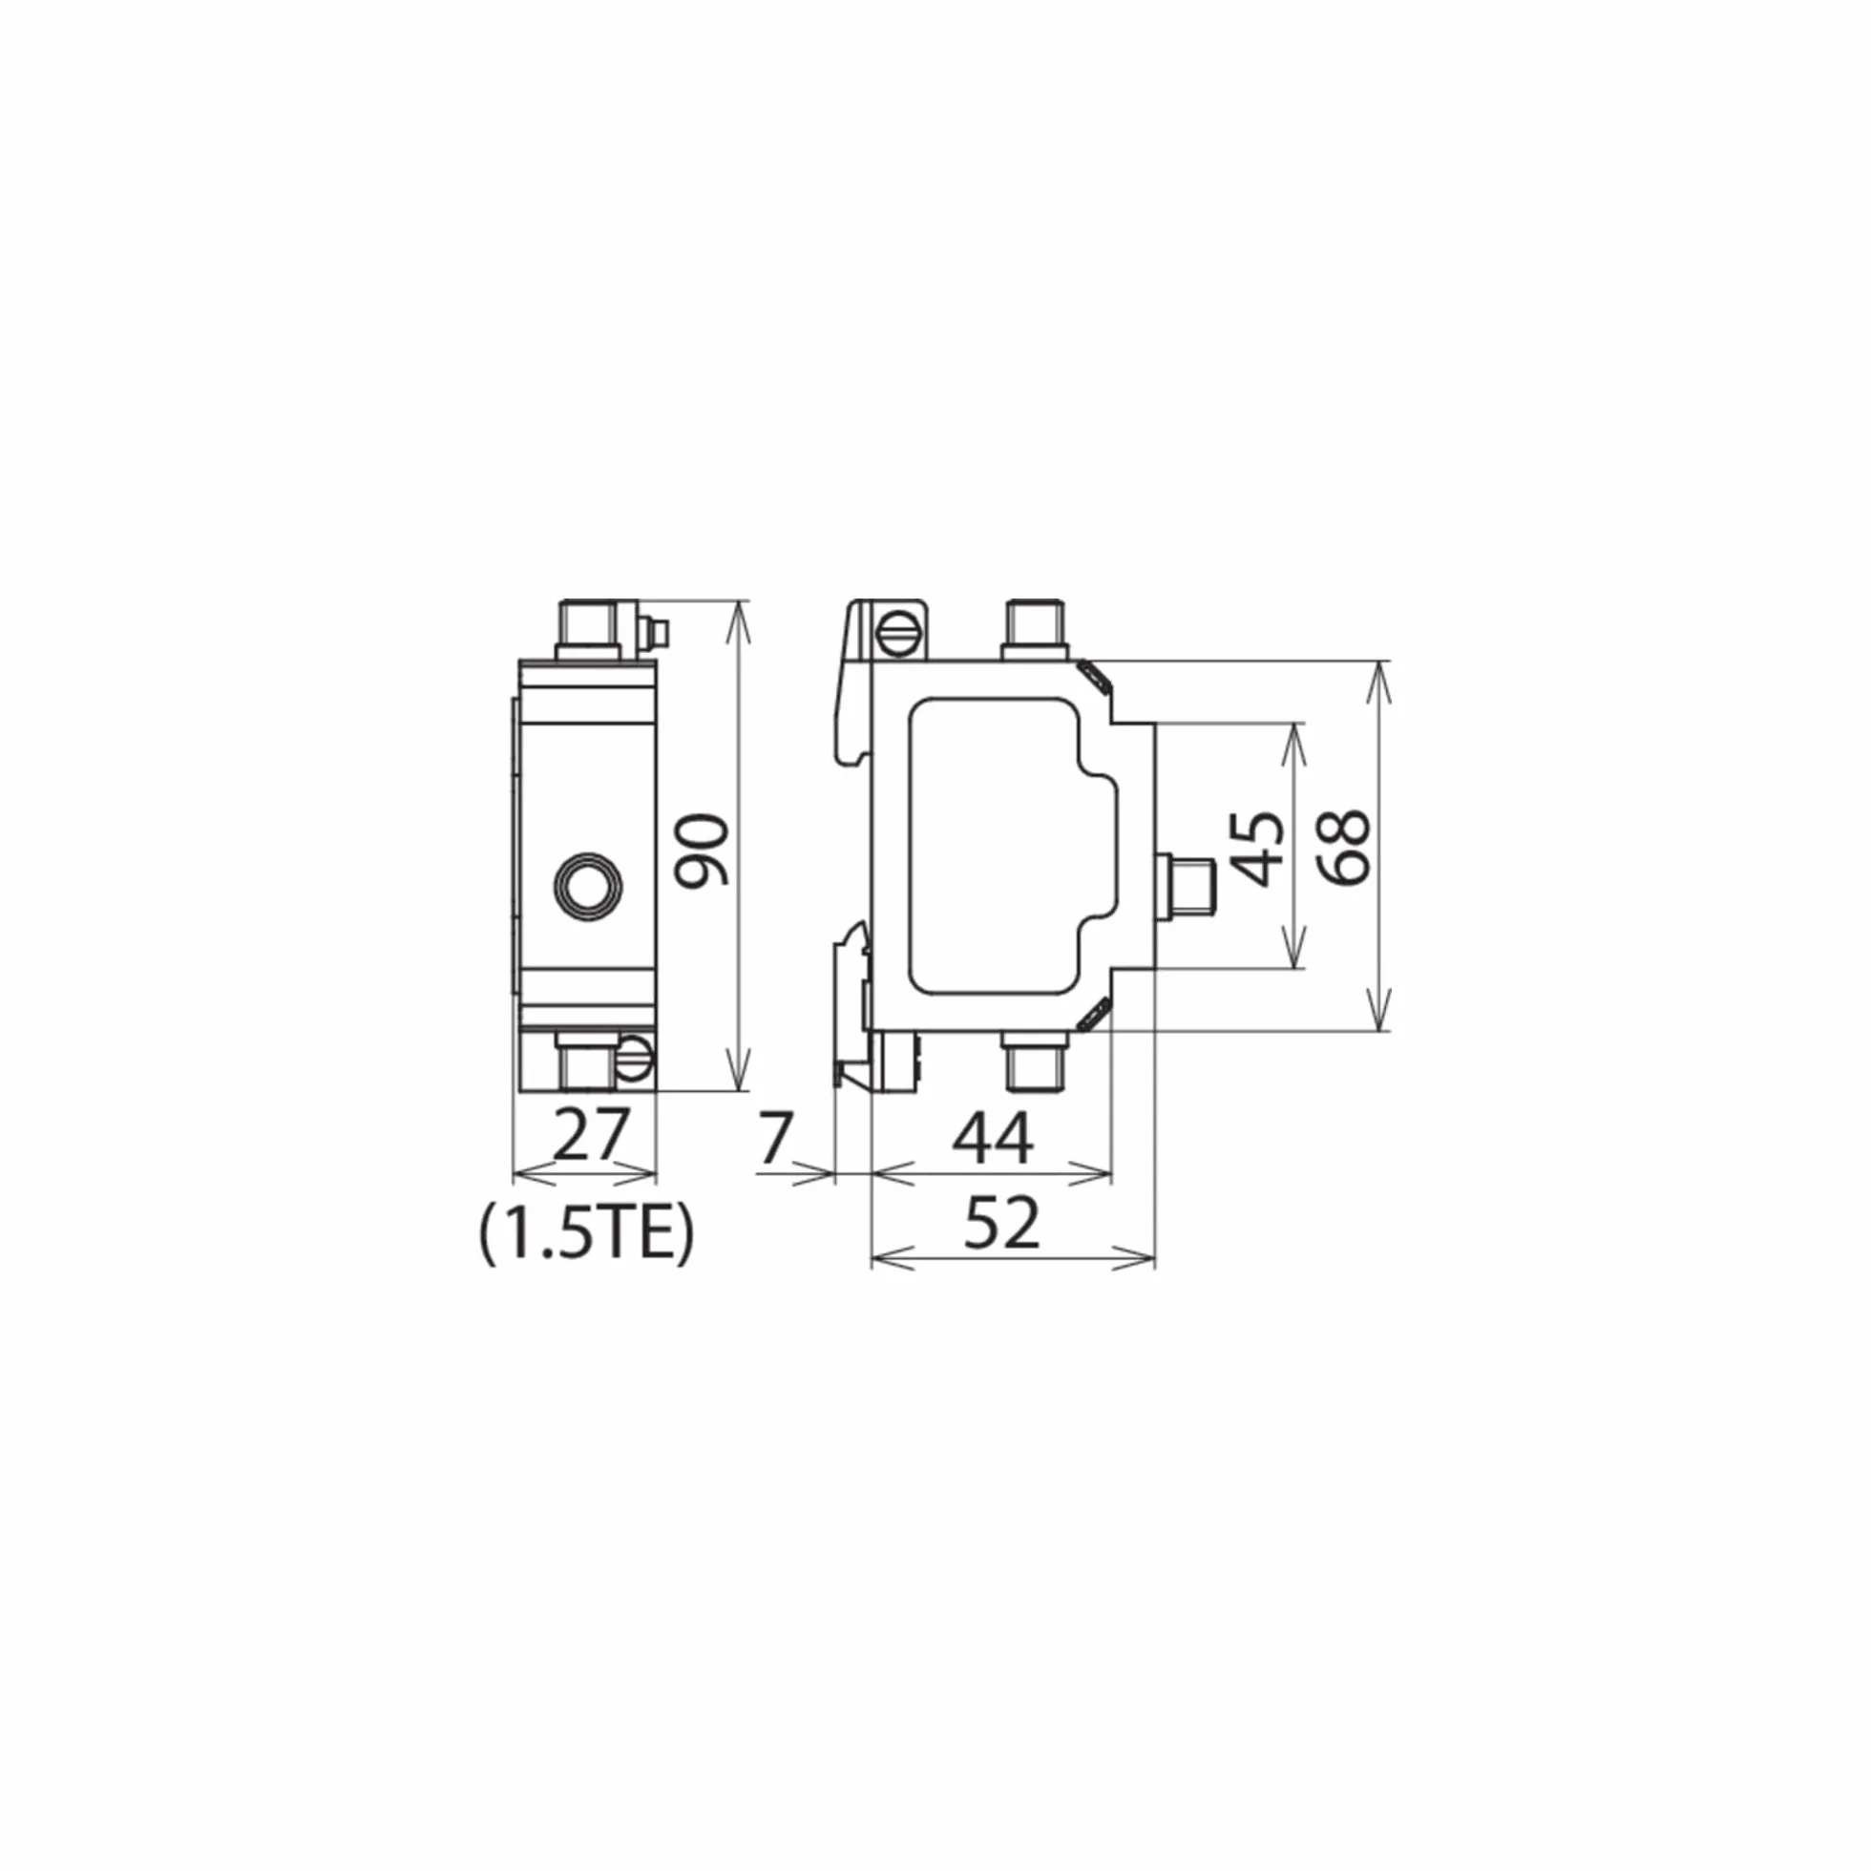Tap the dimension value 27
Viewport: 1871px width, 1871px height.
pyautogui.click(x=591, y=1136)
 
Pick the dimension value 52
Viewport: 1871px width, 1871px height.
pyautogui.click(x=1002, y=1222)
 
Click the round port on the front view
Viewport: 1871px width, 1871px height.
pyautogui.click(x=588, y=884)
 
